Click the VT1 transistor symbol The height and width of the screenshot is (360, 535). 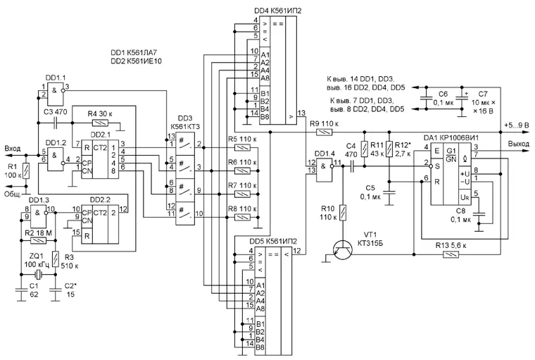point(343,250)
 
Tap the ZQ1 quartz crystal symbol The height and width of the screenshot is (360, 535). point(38,274)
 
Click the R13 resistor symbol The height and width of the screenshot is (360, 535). point(451,254)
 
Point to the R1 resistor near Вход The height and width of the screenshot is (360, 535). point(26,170)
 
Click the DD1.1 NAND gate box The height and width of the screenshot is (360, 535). point(56,94)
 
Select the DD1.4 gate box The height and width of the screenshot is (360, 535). point(323,170)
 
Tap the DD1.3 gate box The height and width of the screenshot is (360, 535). point(38,216)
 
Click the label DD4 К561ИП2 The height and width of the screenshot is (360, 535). point(278,11)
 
